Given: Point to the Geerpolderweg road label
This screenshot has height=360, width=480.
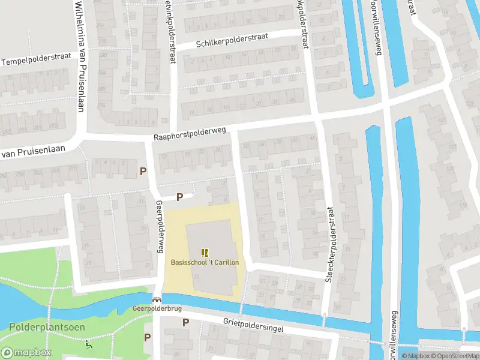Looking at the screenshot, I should click(160, 227).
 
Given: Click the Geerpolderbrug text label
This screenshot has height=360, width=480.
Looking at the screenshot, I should click(157, 309).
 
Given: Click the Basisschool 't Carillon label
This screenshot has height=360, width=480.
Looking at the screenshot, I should click(205, 263).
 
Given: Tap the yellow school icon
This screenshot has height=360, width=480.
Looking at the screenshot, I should click(205, 253).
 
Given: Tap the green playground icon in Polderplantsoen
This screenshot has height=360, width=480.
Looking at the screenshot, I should click(89, 344).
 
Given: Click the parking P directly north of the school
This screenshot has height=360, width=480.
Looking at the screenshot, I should click(179, 197).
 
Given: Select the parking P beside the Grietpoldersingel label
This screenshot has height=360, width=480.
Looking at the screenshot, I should click(185, 322).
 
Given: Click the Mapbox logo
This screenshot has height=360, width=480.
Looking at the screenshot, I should click(26, 353).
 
